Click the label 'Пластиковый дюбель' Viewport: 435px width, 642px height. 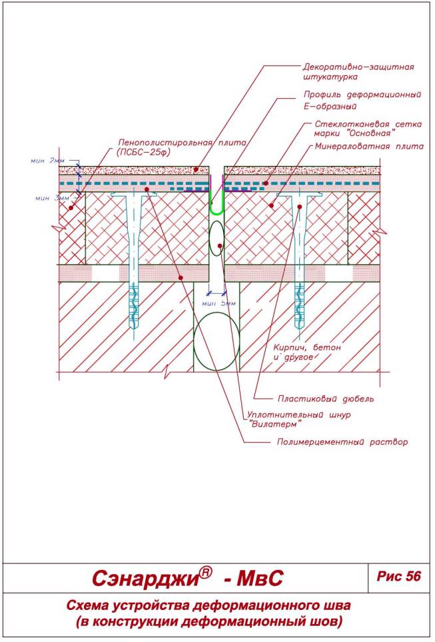(x=325, y=399)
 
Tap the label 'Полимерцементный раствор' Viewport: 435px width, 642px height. (x=342, y=442)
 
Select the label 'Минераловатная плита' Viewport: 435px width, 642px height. (x=368, y=146)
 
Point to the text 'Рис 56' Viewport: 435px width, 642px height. (x=398, y=576)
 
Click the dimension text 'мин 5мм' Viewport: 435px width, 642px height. (x=219, y=303)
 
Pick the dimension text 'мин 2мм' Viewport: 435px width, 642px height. (x=47, y=161)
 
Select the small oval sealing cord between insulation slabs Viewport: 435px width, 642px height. (x=217, y=238)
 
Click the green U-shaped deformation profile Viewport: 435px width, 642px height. (x=217, y=212)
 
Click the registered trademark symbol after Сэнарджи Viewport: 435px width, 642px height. (x=206, y=573)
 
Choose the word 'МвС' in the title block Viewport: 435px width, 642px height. (x=260, y=578)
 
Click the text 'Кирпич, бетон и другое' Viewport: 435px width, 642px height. (x=307, y=352)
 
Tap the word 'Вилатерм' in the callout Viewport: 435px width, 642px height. (x=274, y=424)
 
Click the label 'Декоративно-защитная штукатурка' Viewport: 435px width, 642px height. (x=358, y=71)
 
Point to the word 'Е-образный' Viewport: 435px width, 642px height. (x=330, y=107)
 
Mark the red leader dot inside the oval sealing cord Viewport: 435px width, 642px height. (x=220, y=245)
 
